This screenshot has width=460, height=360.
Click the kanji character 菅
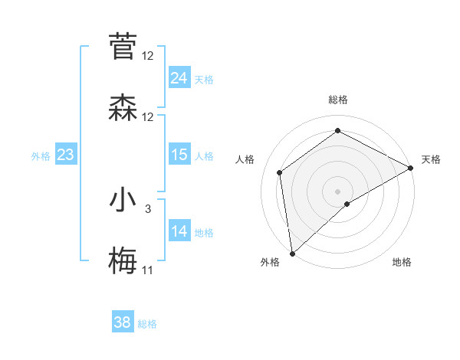123,46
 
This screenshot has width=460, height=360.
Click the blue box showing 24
179,78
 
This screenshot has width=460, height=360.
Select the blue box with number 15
179,155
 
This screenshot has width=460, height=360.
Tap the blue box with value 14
179,231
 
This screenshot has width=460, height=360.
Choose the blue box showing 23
65,155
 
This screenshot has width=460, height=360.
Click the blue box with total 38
122,322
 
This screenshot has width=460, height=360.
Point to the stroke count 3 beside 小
148,208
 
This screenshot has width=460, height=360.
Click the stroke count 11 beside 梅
147,270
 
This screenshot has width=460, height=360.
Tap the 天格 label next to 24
203,80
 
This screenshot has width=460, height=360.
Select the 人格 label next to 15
203,156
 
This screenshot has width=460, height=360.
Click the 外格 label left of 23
41,156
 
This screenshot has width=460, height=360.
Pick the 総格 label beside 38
147,324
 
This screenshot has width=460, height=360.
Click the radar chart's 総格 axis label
337,100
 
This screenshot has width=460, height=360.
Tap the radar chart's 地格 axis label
402,262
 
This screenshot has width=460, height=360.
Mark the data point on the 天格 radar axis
411,168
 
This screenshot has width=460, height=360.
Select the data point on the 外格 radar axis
292,253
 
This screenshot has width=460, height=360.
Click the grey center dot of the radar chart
337,191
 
